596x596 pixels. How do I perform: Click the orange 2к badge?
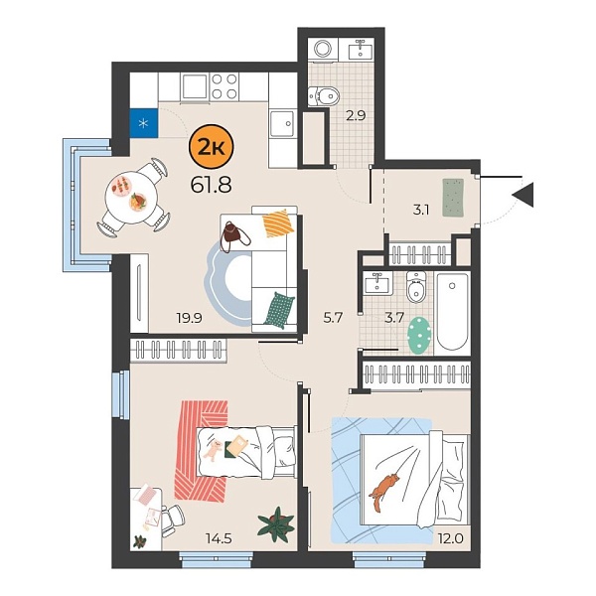(211, 149)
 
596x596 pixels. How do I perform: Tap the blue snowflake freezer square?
(144, 123)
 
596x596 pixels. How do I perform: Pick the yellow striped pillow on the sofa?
(278, 224)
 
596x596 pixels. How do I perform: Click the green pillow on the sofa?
(280, 307)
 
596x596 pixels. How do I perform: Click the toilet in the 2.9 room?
(324, 95)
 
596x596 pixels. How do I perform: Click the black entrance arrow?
(523, 195)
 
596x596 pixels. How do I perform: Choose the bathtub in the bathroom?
(452, 312)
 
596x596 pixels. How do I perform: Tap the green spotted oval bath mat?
(419, 335)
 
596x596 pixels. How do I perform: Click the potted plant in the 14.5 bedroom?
(275, 522)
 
